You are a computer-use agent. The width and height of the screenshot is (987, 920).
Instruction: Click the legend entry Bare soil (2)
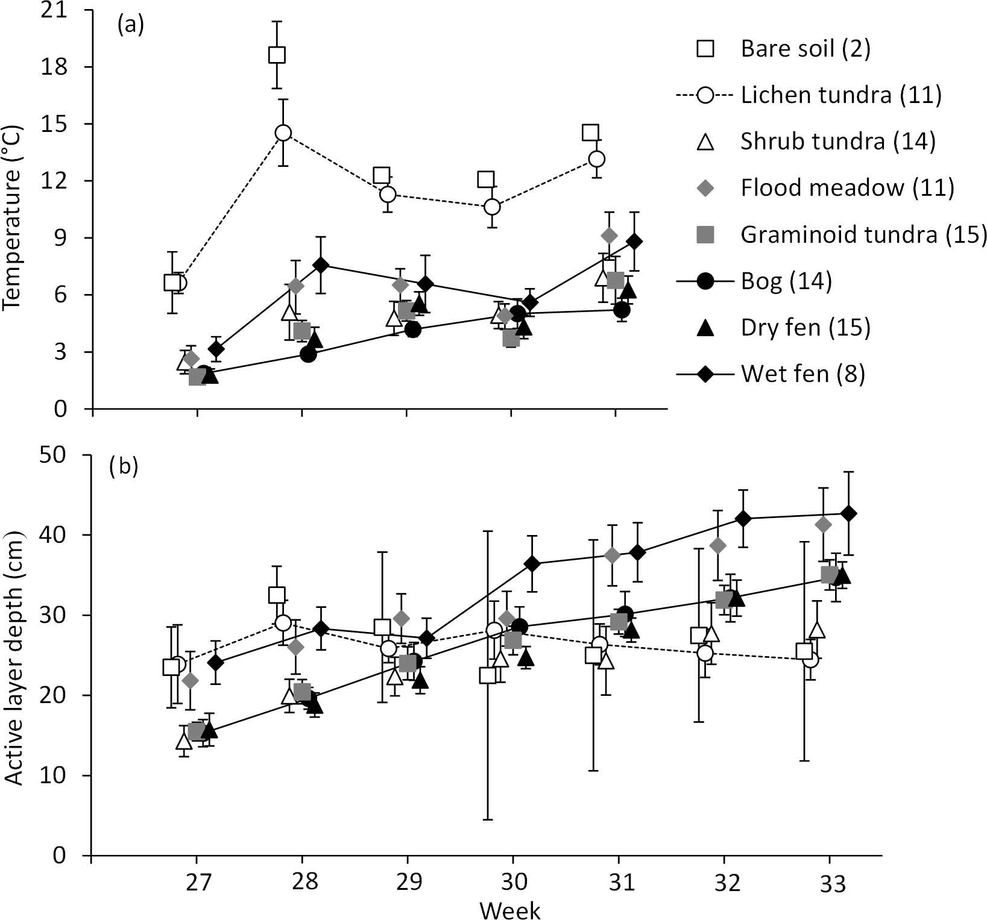(806, 48)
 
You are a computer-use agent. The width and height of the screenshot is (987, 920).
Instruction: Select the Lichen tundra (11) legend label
(841, 95)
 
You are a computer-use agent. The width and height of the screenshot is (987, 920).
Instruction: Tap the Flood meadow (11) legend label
(847, 188)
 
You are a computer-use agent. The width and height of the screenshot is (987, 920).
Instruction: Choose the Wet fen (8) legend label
(803, 374)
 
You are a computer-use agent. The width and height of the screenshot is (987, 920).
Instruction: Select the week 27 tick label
(197, 884)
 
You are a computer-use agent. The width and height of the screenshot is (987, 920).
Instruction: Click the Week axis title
(510, 909)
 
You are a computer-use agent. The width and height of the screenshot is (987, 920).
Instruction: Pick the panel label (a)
(131, 26)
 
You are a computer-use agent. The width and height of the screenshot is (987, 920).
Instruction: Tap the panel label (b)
(124, 468)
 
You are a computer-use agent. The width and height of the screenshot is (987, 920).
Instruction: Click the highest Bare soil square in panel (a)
(277, 55)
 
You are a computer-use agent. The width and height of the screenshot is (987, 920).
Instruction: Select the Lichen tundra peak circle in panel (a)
(283, 133)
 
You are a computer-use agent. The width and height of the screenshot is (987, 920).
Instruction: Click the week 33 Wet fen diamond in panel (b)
(848, 513)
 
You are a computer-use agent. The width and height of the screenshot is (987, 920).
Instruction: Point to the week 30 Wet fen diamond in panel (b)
(532, 564)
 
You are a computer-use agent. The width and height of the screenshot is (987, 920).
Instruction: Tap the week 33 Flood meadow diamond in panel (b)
(823, 525)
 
